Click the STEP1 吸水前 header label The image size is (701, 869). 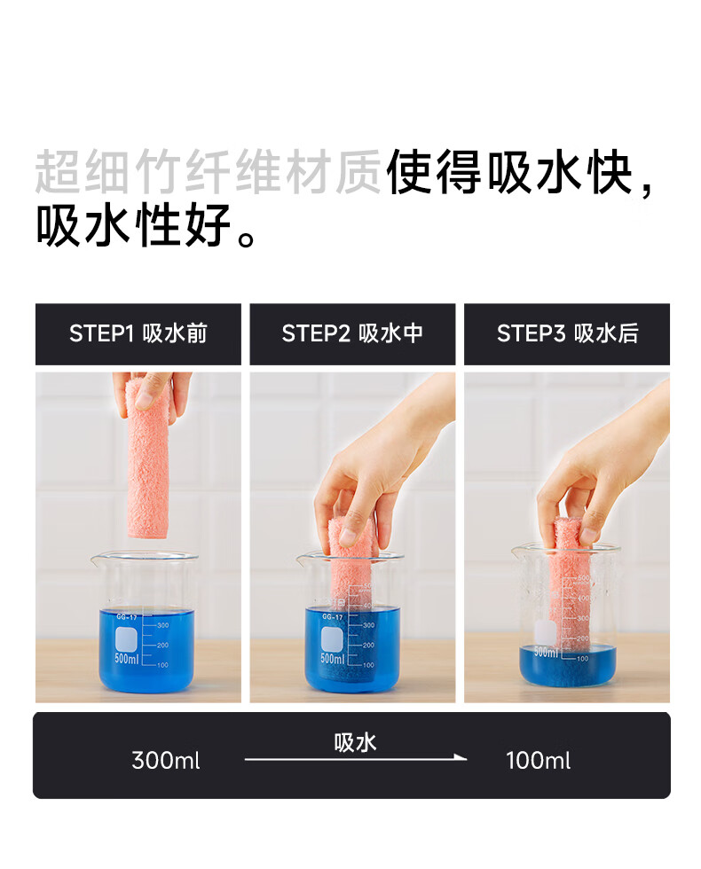[138, 333]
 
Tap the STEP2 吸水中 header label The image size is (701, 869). [352, 333]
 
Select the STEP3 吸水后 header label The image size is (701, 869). [567, 333]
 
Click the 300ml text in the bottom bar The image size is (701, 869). [166, 761]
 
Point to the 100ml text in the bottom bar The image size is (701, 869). [538, 761]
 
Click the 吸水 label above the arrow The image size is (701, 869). [355, 743]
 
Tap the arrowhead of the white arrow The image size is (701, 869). [461, 757]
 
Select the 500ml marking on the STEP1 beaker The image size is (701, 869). [126, 658]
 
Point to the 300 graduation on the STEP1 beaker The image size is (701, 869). [162, 625]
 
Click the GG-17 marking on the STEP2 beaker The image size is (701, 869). [332, 617]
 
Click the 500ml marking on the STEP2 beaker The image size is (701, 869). [332, 658]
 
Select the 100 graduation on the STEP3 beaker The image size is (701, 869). [582, 658]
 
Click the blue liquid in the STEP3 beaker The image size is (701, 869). [567, 666]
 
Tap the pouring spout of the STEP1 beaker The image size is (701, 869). [96, 560]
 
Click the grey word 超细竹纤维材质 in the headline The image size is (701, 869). [209, 171]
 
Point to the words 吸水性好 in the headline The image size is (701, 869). [133, 225]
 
